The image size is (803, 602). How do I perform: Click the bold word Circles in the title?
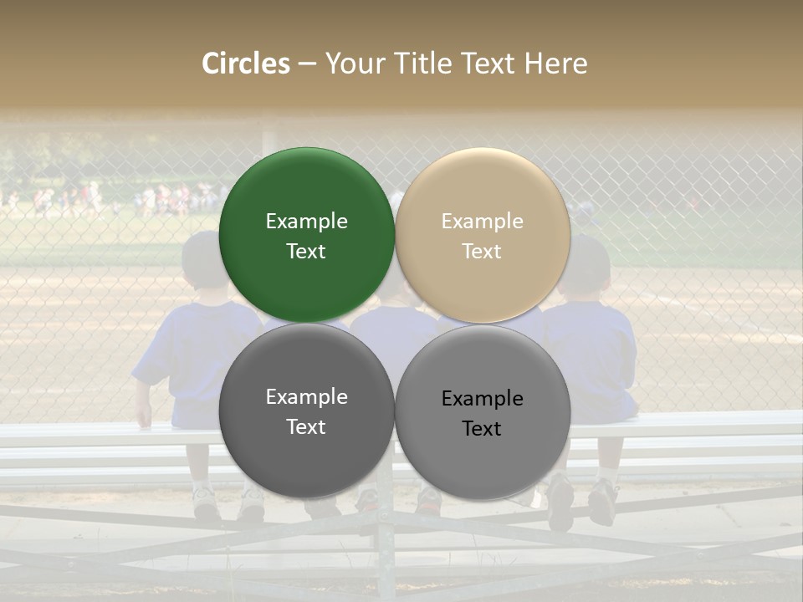(246, 64)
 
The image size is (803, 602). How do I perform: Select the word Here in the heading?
(556, 64)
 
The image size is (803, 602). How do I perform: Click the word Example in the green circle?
(306, 222)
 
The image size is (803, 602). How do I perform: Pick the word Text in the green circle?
(306, 252)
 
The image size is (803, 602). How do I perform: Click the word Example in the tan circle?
(482, 222)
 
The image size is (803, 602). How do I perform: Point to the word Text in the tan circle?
(482, 252)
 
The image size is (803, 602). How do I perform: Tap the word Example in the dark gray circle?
(306, 397)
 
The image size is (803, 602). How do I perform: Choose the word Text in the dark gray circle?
(306, 427)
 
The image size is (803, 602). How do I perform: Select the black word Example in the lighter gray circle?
(482, 399)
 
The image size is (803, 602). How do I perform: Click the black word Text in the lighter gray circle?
(482, 429)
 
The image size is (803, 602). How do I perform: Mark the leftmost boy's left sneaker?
(206, 502)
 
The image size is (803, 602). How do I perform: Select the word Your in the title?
(354, 64)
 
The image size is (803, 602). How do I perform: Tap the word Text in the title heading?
(488, 64)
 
